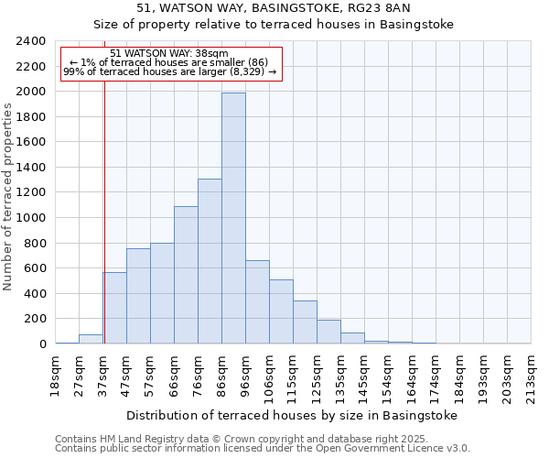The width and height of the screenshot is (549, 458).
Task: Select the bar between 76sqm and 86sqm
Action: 210,261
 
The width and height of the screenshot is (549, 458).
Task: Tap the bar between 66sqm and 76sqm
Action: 186,275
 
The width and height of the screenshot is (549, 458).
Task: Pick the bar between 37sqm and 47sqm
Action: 114,308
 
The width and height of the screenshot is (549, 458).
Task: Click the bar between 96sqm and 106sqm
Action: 257,302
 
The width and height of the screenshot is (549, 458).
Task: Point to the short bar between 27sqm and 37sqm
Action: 91,339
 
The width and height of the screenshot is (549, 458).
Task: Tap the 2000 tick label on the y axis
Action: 31,92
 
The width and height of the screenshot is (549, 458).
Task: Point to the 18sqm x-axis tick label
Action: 55,371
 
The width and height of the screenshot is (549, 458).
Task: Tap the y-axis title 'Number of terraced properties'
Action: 9,196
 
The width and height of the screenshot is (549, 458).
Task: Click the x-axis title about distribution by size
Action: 291,415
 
